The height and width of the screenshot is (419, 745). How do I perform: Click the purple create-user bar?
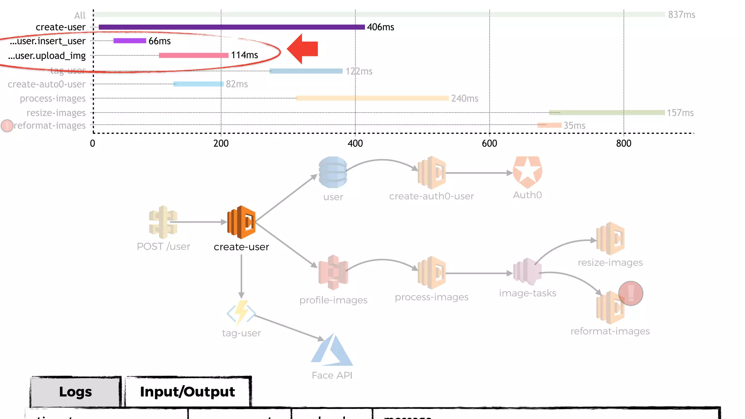pyautogui.click(x=231, y=27)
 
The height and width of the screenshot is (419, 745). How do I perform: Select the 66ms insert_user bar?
pyautogui.click(x=130, y=41)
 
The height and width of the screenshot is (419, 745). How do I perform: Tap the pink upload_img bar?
pyautogui.click(x=194, y=55)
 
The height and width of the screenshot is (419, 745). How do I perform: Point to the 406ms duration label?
pyautogui.click(x=381, y=27)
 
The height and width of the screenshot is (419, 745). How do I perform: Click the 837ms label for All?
pyautogui.click(x=681, y=15)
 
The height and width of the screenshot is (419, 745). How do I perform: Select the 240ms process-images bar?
pyautogui.click(x=372, y=98)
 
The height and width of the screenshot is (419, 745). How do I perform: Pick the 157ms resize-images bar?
pyautogui.click(x=607, y=113)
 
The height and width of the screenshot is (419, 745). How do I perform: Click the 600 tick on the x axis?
pyautogui.click(x=489, y=143)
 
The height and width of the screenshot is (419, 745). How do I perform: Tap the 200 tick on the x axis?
pyautogui.click(x=221, y=143)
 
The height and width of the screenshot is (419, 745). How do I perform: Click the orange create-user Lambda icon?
pyautogui.click(x=241, y=222)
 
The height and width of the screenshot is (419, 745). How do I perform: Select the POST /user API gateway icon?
pyautogui.click(x=163, y=222)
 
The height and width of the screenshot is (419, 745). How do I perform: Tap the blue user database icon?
pyautogui.click(x=333, y=172)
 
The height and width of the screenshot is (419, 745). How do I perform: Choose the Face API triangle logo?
pyautogui.click(x=332, y=351)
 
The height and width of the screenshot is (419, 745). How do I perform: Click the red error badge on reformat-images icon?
pyautogui.click(x=631, y=293)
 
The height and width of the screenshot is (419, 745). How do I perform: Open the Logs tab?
pyautogui.click(x=76, y=392)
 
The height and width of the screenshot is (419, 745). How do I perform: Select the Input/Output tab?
pyautogui.click(x=187, y=392)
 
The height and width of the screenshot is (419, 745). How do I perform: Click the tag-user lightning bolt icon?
pyautogui.click(x=241, y=312)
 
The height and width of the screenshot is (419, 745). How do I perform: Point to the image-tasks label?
pyautogui.click(x=527, y=293)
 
